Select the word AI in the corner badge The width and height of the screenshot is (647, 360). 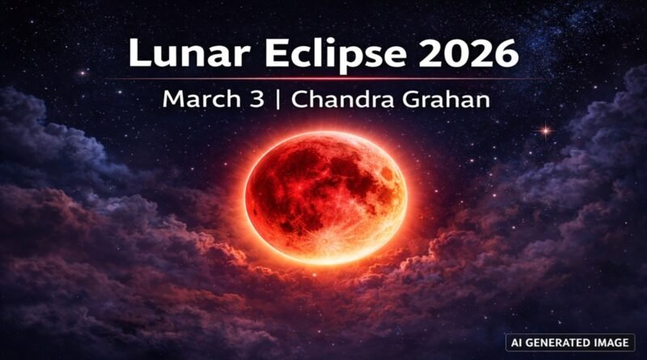tap(514, 342)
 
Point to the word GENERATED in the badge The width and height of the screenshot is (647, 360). tap(558, 342)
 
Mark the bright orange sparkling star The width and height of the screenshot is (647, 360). tap(548, 129)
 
